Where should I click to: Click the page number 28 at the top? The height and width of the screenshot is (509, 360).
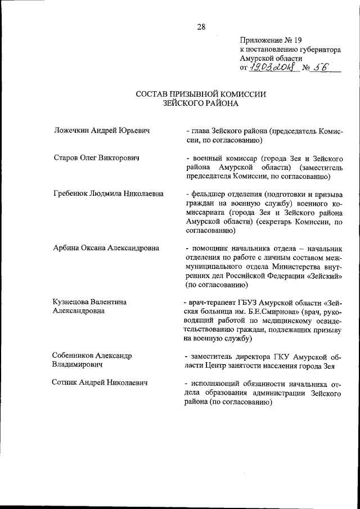[201, 26]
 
